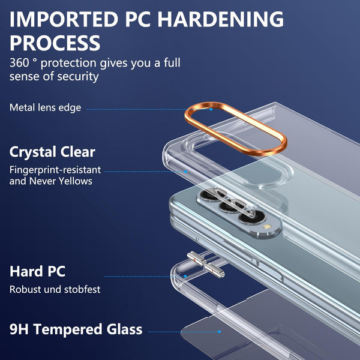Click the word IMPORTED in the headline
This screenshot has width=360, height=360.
(64, 19)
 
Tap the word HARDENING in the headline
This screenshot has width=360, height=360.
(221, 19)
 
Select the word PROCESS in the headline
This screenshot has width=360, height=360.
(55, 43)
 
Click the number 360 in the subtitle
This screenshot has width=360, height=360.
(19, 62)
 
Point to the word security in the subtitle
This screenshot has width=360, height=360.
(78, 77)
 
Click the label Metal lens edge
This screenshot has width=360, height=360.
(45, 107)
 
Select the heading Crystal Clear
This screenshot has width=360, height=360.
(52, 152)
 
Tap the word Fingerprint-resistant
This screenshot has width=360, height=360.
(55, 170)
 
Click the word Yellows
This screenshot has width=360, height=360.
(76, 181)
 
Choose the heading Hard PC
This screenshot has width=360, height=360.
(37, 271)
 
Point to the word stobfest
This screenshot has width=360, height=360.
(82, 290)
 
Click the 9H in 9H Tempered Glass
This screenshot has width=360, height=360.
(19, 329)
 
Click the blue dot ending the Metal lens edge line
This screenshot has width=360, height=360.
(211, 109)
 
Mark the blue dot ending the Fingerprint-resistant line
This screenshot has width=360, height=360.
(186, 172)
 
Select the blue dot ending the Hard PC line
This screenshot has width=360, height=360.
(185, 277)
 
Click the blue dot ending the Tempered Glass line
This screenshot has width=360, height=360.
(220, 332)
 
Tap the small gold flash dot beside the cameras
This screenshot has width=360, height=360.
(267, 227)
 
